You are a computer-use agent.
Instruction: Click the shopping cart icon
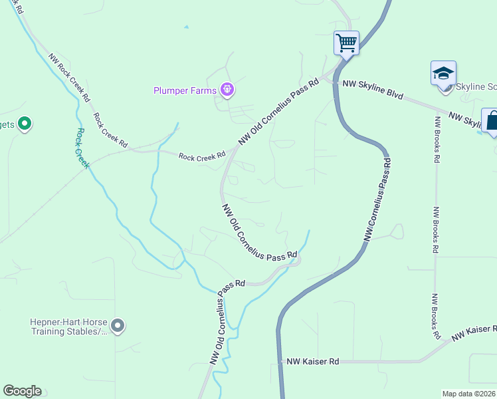(x=346, y=43)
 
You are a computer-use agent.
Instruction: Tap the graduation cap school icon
(x=443, y=73)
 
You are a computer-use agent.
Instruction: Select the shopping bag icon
(x=492, y=121)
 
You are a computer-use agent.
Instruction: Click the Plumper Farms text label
(x=186, y=90)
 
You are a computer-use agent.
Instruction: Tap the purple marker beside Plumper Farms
(x=227, y=90)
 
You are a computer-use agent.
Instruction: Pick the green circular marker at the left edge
(x=25, y=124)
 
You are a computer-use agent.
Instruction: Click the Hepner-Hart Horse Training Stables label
(x=68, y=326)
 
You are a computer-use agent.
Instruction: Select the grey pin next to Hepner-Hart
(x=118, y=326)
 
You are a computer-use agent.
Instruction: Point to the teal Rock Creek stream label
(x=82, y=148)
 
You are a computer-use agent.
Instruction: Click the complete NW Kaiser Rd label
(x=313, y=361)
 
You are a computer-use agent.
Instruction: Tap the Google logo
(x=22, y=391)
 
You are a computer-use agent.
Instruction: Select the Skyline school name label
(x=476, y=88)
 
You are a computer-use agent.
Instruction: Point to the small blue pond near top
(x=187, y=27)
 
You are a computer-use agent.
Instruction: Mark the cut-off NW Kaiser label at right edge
(x=474, y=332)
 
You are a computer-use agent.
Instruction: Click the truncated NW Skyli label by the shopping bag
(x=464, y=120)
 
